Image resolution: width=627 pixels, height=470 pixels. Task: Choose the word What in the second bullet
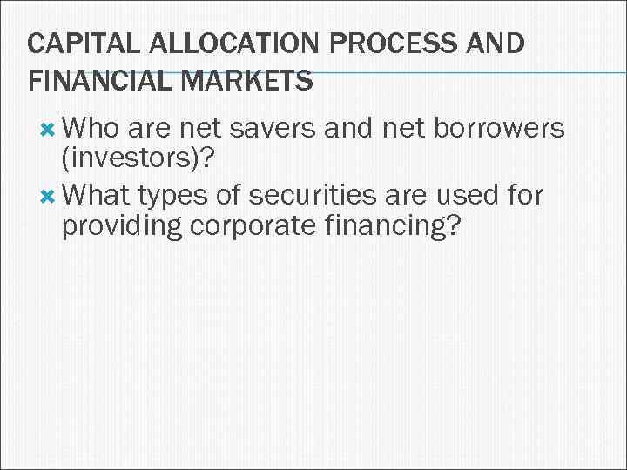tap(95, 195)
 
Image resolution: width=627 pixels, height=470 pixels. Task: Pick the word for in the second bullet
tap(525, 195)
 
